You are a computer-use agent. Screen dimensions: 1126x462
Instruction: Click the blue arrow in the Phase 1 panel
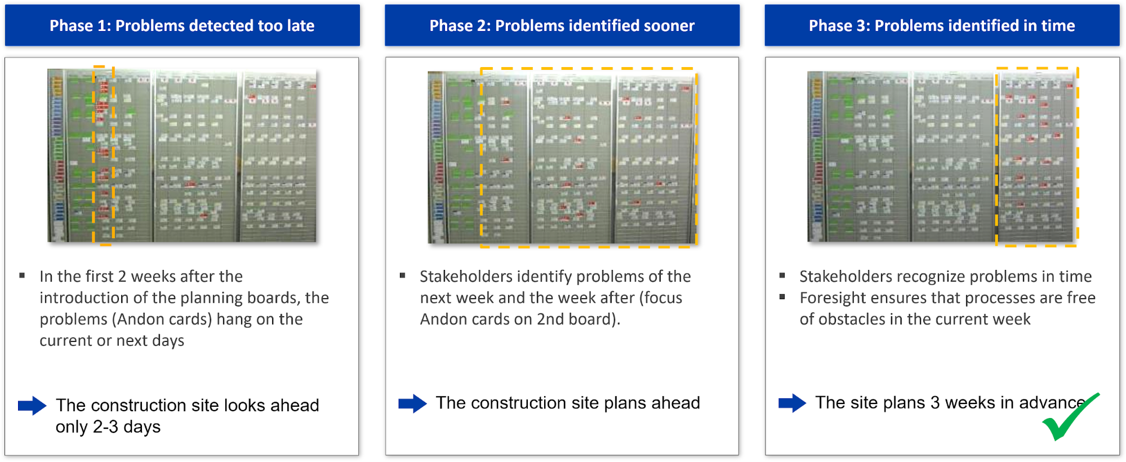point(32,406)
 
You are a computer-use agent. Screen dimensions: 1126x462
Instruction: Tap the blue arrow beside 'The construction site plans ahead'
point(412,403)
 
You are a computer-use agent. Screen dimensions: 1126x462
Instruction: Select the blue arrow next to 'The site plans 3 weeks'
point(793,403)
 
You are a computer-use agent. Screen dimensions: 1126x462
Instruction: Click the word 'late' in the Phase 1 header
point(299,25)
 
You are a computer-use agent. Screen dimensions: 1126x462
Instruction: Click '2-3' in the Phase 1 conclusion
point(105,427)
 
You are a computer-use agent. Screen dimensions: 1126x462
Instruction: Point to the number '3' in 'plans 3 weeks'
point(935,403)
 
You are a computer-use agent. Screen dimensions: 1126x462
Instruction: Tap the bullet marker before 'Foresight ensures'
point(782,297)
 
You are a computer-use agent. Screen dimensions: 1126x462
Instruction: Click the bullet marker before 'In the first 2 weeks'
point(22,276)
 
